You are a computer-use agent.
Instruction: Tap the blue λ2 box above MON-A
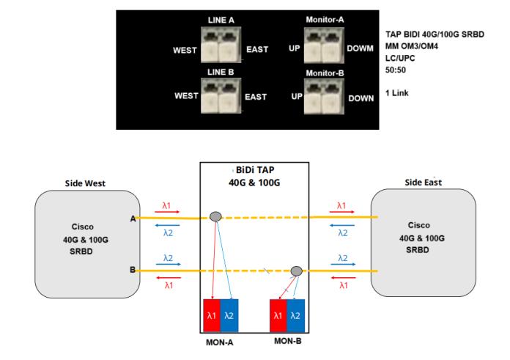click(x=229, y=315)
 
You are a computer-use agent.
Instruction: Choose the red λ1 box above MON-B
click(x=278, y=315)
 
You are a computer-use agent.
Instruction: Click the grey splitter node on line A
click(x=215, y=216)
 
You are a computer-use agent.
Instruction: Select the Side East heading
click(x=423, y=181)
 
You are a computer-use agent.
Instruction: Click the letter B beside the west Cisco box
click(x=132, y=271)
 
